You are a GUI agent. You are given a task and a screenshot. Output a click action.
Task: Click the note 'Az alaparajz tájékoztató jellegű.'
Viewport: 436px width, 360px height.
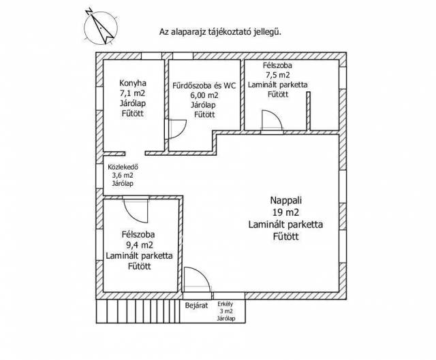click(220, 31)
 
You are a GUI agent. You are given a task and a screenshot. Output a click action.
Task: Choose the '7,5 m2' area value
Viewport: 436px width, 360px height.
click(278, 75)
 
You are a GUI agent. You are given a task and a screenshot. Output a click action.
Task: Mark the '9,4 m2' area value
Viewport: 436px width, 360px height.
click(139, 244)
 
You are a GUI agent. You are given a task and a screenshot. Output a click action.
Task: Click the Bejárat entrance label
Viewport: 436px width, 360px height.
click(196, 306)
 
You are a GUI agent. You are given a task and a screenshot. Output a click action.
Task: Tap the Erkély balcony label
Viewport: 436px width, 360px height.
click(225, 304)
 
